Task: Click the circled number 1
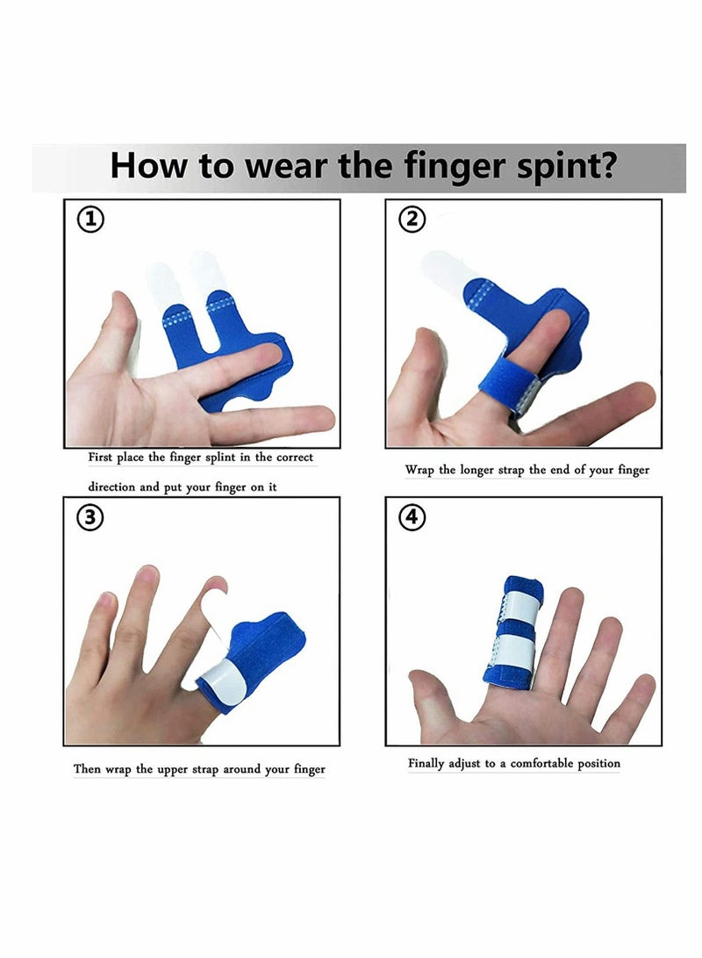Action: click(x=90, y=220)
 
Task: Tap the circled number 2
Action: click(x=412, y=220)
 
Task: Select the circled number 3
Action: click(x=90, y=518)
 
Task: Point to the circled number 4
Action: click(x=412, y=518)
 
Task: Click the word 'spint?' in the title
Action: click(x=567, y=167)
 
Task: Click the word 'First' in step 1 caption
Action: click(x=100, y=457)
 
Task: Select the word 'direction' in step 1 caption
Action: click(x=111, y=487)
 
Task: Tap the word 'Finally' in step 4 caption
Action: click(x=426, y=763)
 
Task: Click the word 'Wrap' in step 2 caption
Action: click(x=419, y=470)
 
